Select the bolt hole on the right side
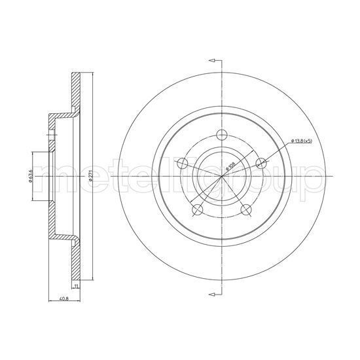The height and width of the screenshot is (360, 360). point(261,163)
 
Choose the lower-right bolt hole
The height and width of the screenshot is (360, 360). point(246,210)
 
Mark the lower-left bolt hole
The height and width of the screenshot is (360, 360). point(196,211)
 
